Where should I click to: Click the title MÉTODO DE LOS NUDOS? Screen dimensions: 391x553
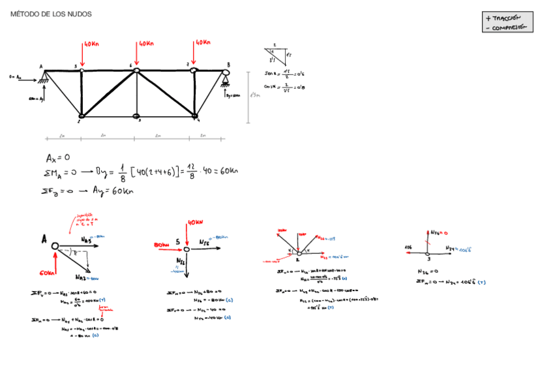[x=51, y=14]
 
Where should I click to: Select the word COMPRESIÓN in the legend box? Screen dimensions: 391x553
[x=511, y=27]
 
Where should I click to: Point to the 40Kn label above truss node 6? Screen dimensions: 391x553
[x=145, y=44]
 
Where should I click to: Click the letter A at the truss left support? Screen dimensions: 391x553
[x=41, y=66]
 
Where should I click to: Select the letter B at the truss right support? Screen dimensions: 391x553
[x=228, y=64]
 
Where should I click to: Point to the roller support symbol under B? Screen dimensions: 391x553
[x=226, y=81]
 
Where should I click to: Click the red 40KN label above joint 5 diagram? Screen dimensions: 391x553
[x=196, y=223]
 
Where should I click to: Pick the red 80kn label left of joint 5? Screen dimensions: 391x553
[x=162, y=244]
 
